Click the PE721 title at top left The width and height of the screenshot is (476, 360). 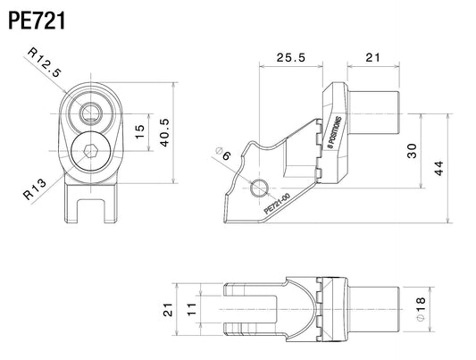(x=37, y=21)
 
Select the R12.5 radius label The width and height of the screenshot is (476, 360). (x=45, y=63)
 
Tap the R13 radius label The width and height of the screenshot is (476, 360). (x=35, y=189)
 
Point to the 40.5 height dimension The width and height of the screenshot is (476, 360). (x=164, y=132)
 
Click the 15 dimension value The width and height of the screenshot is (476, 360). (x=140, y=131)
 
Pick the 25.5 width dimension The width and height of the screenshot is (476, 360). (x=290, y=57)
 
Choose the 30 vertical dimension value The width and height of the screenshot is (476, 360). (x=412, y=151)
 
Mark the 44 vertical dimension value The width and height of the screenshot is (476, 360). (x=438, y=168)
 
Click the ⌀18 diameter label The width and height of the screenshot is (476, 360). (x=421, y=309)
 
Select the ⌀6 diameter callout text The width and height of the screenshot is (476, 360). (x=223, y=154)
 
